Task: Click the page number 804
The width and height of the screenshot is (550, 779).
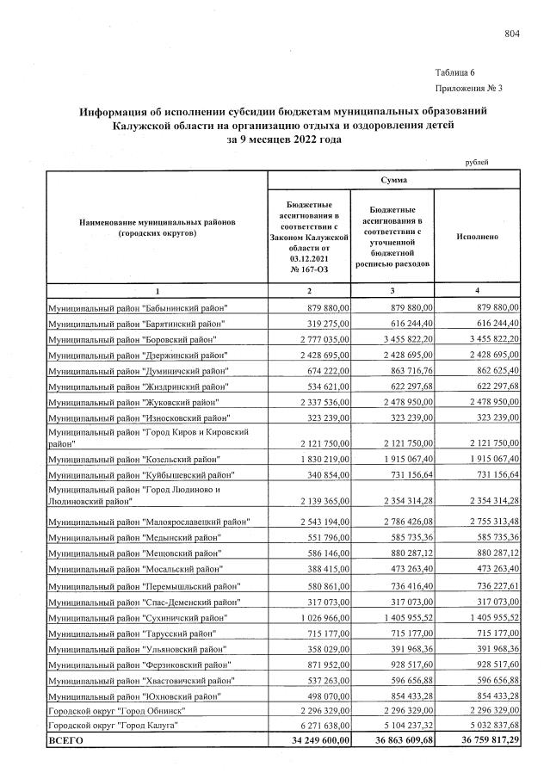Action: pyautogui.click(x=512, y=34)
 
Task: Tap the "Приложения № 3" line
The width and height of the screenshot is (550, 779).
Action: pyautogui.click(x=468, y=88)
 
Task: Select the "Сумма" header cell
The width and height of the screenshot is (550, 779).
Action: pyautogui.click(x=394, y=180)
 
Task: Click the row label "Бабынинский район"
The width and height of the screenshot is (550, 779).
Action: pyautogui.click(x=138, y=308)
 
